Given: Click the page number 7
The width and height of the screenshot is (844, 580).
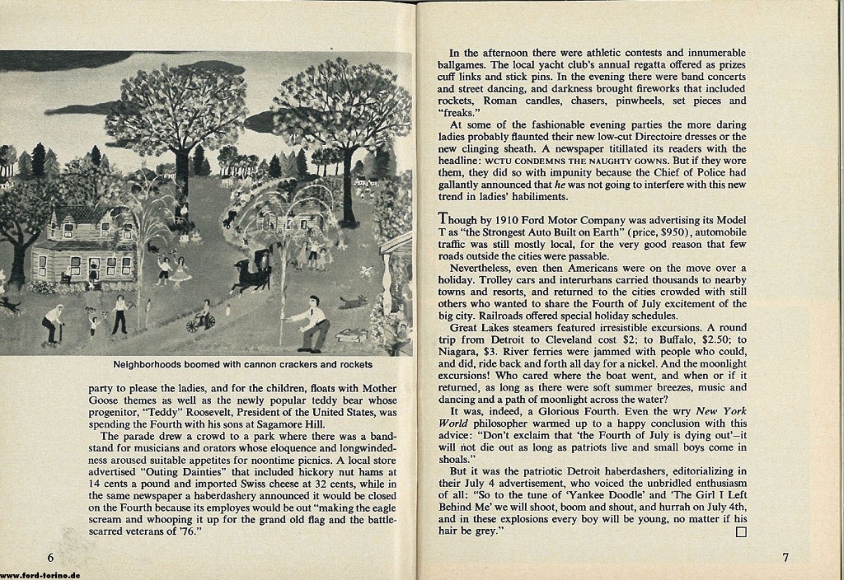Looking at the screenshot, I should tap(787, 557).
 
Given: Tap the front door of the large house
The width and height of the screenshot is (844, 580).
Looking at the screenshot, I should tap(94, 268).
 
